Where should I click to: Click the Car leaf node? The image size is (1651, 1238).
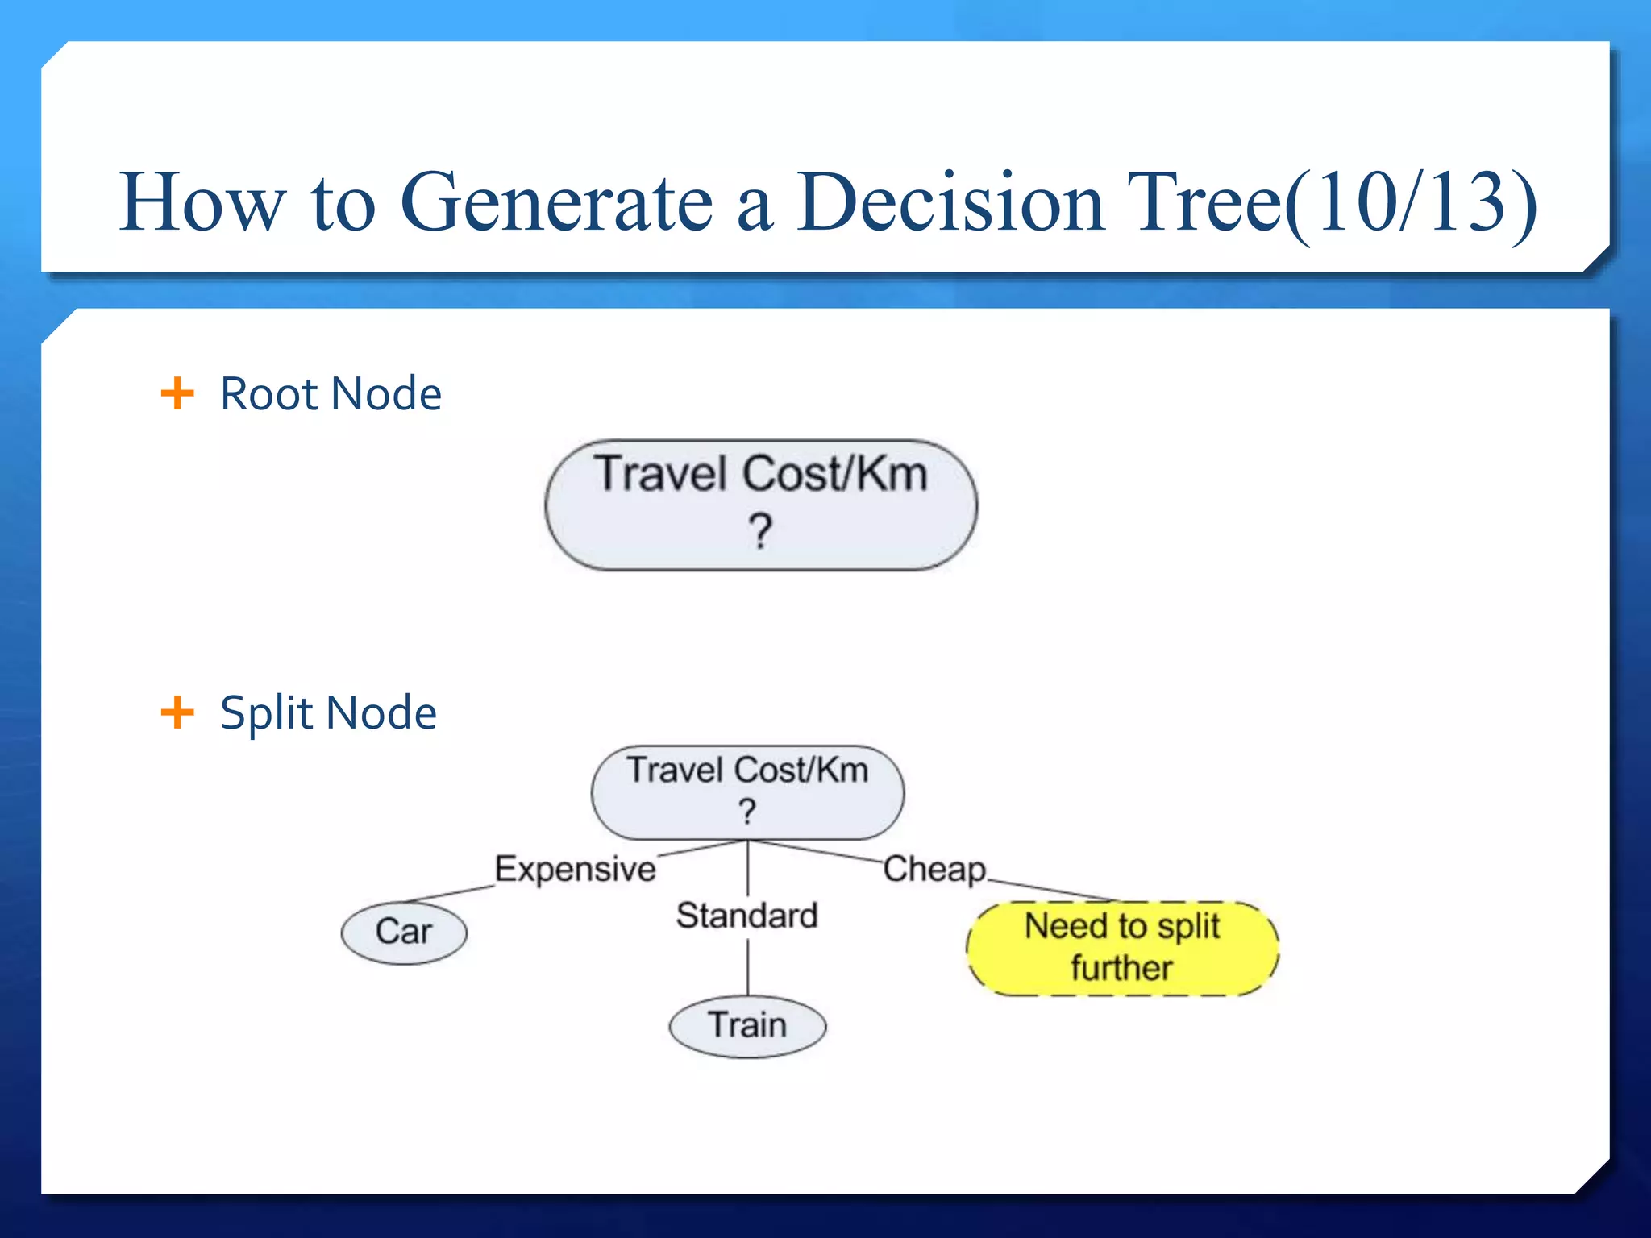(404, 933)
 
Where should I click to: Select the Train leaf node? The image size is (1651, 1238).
(747, 1026)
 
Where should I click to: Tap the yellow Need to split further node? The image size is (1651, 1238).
(1122, 949)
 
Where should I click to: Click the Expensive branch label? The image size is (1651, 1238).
(575, 869)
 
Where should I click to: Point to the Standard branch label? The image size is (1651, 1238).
(746, 916)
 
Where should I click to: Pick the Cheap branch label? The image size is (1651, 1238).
(934, 869)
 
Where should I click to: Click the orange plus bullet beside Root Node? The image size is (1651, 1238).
(177, 393)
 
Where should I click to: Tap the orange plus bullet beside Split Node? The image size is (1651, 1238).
(177, 712)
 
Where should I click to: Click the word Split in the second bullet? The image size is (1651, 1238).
(266, 714)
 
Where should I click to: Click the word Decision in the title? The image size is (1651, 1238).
(950, 202)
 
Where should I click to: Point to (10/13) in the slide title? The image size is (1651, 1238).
(1411, 202)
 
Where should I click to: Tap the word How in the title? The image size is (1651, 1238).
(202, 202)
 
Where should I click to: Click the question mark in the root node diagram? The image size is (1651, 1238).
(759, 531)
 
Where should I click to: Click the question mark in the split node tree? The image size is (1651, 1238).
(747, 812)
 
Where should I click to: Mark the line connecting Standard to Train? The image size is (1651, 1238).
(748, 967)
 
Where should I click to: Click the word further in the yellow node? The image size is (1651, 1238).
(1121, 968)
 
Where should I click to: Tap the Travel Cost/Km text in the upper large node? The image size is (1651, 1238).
(761, 473)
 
